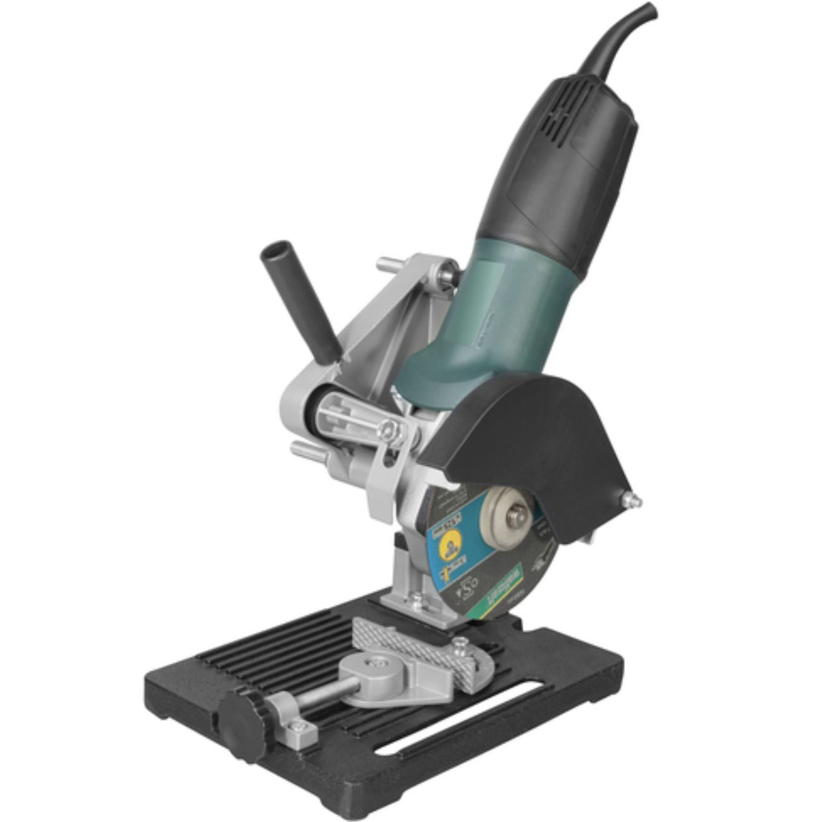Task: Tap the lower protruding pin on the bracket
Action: tap(301, 451)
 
